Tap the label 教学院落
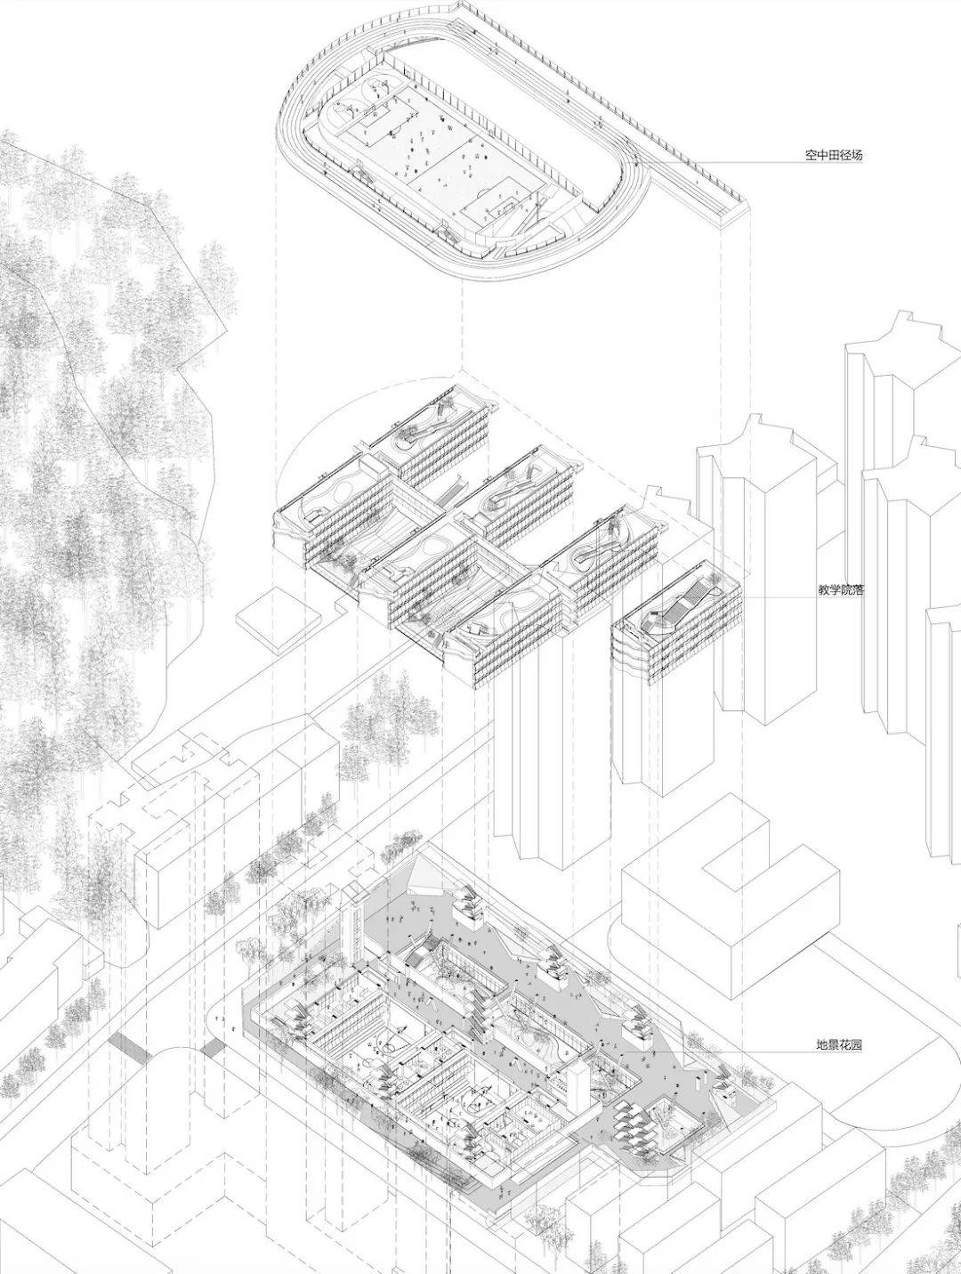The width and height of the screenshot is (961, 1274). [x=841, y=590]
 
